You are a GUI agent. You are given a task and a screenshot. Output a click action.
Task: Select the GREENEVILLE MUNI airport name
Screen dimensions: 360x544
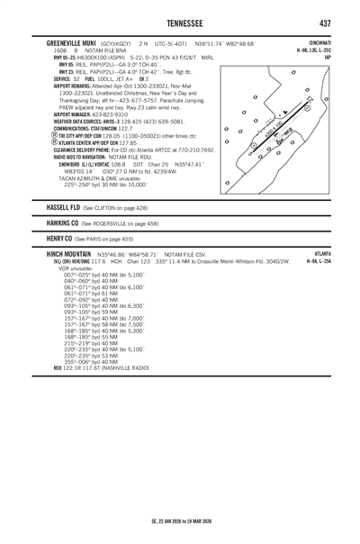69,43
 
